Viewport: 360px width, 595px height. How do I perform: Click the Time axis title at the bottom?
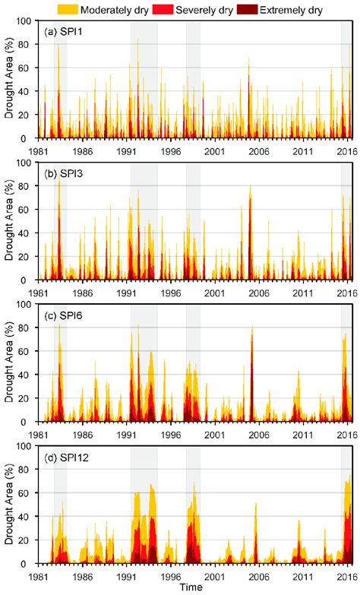point(195,588)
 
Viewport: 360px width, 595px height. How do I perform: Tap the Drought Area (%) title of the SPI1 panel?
point(8,79)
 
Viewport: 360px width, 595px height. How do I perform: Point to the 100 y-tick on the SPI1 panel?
point(27,20)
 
